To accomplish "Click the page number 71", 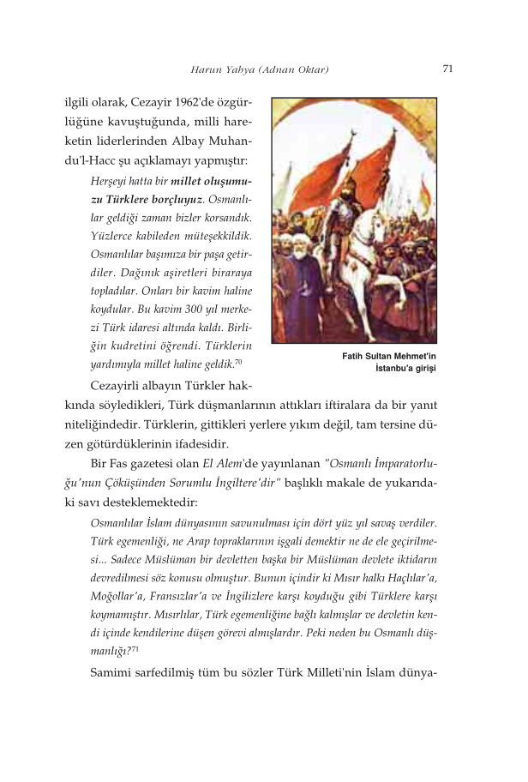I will point(447,69).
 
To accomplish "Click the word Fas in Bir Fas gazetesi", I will point(117,467).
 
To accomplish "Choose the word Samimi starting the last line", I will point(117,673).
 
